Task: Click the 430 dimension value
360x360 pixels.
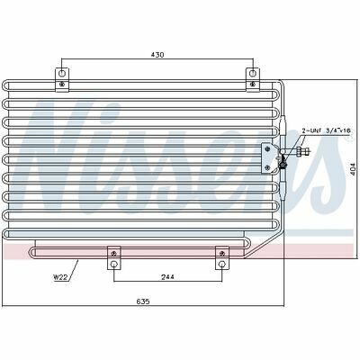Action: [157, 55]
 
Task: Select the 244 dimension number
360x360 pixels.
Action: [167, 276]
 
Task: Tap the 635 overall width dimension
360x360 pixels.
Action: [143, 301]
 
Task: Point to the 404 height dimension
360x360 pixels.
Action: [352, 170]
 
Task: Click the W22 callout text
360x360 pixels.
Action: [60, 277]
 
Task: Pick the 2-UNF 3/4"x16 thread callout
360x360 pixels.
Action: [326, 130]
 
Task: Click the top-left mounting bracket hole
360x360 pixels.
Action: [62, 73]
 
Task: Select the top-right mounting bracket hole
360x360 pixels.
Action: [253, 73]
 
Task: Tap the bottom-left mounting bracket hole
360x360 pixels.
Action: [114, 265]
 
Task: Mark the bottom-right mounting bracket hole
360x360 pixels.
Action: [222, 265]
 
